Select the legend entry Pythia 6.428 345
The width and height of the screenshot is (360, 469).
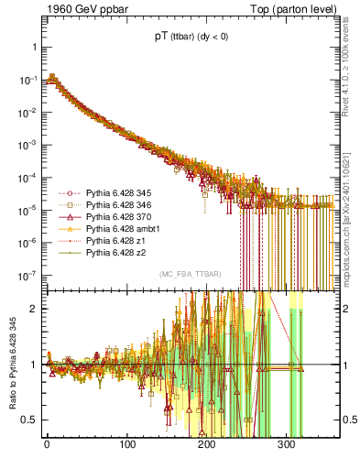coord(118,193)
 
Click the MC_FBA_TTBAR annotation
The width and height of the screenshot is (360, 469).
coord(189,275)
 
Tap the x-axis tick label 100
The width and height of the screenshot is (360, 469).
coord(126,452)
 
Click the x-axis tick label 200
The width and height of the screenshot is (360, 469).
coord(207,452)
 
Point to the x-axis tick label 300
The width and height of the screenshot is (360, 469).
coord(287,452)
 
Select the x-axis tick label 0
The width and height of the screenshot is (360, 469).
coord(47,452)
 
